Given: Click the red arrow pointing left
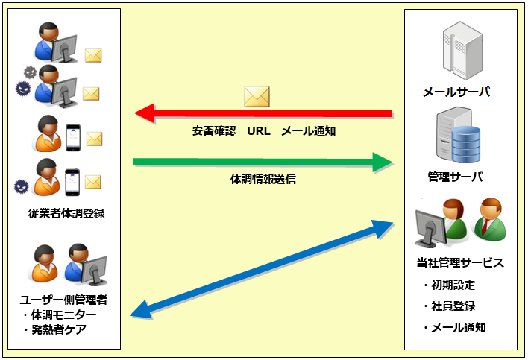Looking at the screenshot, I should (x=261, y=114).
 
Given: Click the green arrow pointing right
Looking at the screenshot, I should (x=261, y=162).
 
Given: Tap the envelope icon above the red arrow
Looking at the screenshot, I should (x=257, y=95).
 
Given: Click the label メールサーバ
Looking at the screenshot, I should (x=456, y=92).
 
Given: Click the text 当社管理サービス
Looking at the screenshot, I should (x=460, y=262).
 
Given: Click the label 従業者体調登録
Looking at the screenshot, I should (x=66, y=213).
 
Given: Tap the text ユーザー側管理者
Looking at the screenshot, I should (x=63, y=300).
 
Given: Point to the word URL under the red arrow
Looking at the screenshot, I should (x=258, y=131).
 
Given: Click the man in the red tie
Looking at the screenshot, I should (x=490, y=218).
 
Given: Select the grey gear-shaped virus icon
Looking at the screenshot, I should (x=30, y=72).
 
